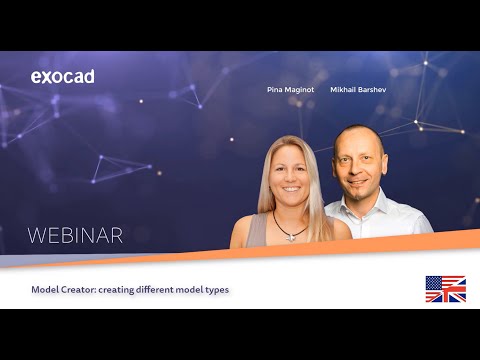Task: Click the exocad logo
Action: (62, 77)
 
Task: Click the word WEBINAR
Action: (75, 236)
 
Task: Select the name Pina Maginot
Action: (290, 89)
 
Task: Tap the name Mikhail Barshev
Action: (358, 89)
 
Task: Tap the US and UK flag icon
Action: (445, 289)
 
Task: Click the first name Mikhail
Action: (345, 89)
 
